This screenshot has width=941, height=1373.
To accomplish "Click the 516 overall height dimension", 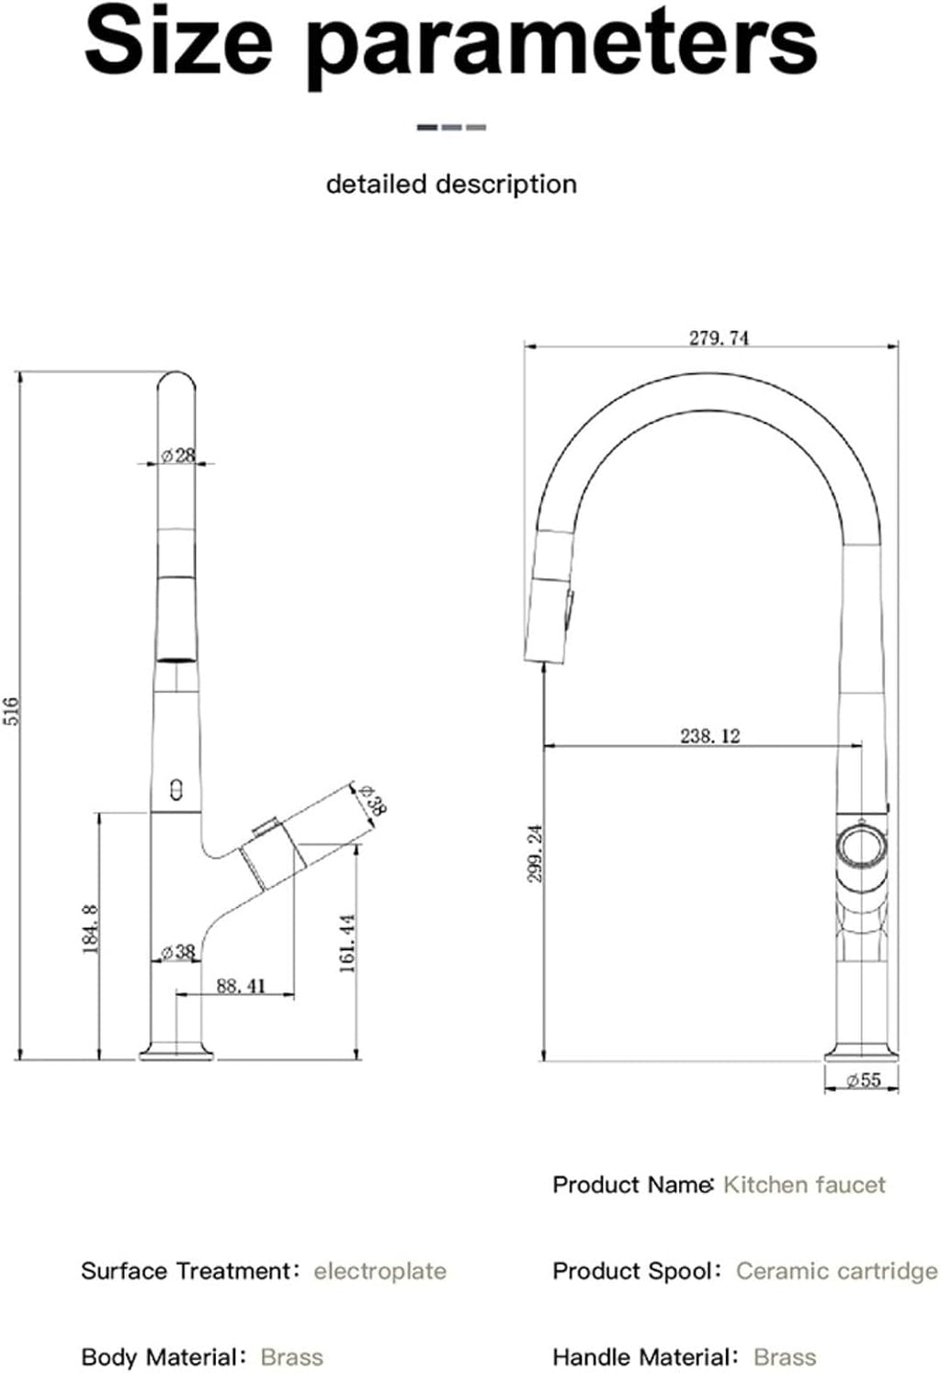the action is click(x=12, y=711).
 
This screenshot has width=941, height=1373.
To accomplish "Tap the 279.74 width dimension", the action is click(x=720, y=338).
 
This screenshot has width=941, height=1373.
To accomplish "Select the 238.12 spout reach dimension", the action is click(x=710, y=735).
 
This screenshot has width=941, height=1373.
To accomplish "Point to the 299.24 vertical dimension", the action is click(x=535, y=854).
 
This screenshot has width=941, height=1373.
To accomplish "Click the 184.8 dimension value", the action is click(x=91, y=929).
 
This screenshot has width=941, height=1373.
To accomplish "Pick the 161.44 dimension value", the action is click(x=347, y=944).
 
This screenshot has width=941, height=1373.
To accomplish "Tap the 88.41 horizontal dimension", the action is click(x=241, y=985).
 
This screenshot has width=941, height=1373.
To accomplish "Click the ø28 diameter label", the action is click(x=177, y=456).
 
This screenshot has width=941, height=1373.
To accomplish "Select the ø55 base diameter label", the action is click(x=864, y=1080).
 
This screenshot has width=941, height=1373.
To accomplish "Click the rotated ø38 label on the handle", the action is click(x=371, y=800).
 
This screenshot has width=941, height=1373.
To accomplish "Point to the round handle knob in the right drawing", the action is click(x=862, y=848).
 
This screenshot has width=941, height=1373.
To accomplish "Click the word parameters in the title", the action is click(x=562, y=48).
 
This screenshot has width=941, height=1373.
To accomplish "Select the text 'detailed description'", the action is click(x=451, y=184).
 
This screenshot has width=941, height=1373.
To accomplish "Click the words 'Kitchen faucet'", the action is click(x=804, y=1185).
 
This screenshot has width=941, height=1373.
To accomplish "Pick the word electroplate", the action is click(x=380, y=1271).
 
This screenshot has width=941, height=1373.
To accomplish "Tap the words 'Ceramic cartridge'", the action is click(x=837, y=1271).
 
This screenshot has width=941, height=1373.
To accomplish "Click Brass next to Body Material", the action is click(x=292, y=1357).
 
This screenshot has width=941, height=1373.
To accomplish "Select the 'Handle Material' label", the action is click(x=641, y=1357).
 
